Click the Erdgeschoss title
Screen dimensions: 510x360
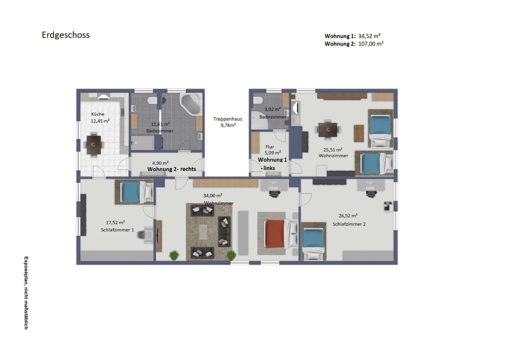tap(66, 35)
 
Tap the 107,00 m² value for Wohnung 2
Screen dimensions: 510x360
tap(371, 44)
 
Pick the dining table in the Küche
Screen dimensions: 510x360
tap(94, 145)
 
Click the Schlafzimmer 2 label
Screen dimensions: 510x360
tap(349, 224)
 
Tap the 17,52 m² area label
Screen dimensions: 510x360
tap(116, 222)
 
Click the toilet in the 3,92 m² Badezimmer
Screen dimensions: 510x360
tap(258, 100)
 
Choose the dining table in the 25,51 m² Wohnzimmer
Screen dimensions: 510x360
tap(328, 130)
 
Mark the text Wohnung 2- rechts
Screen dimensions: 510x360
tap(172, 169)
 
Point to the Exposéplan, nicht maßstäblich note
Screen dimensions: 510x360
tap(26, 293)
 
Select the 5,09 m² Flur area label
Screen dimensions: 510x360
tap(273, 153)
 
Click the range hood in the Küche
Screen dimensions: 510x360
tap(104, 97)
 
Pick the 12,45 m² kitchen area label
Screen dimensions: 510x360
tap(100, 121)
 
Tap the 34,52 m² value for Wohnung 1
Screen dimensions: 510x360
tap(369, 36)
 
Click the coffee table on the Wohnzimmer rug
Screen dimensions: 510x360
tap(203, 232)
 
